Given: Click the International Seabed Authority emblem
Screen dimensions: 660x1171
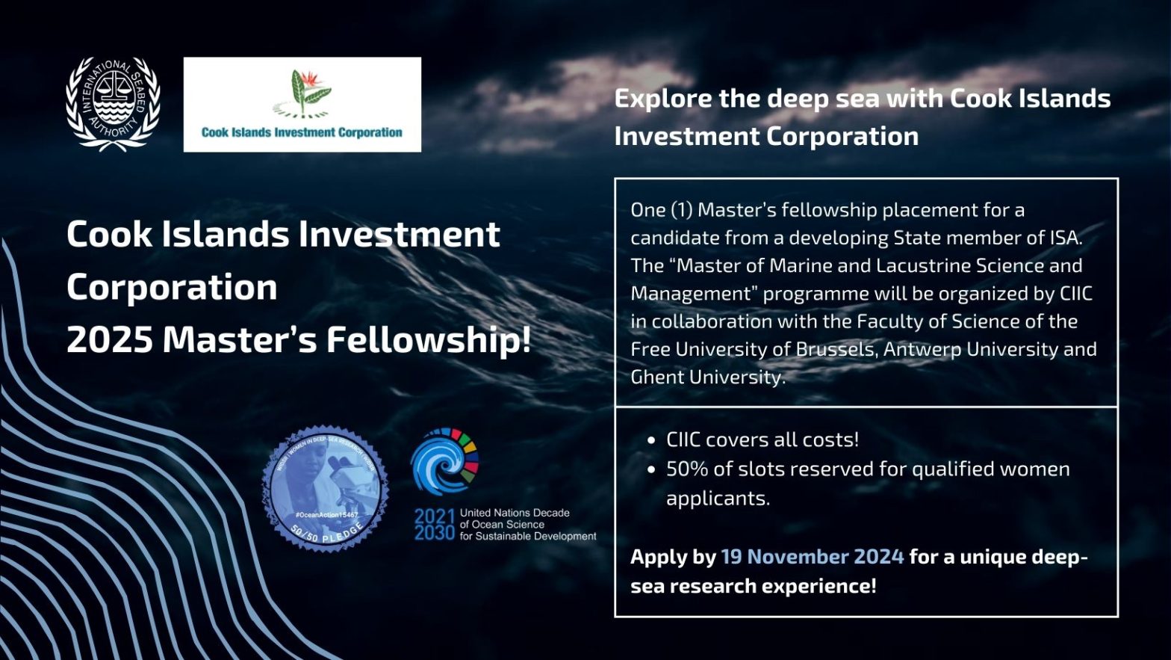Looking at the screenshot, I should click(113, 104).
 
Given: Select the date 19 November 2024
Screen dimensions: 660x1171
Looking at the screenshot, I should click(812, 557).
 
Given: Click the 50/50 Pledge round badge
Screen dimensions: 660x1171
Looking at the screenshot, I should click(325, 489).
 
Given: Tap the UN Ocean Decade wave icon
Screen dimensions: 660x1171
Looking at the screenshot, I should click(445, 462).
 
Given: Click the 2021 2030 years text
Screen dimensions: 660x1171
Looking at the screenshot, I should click(434, 524).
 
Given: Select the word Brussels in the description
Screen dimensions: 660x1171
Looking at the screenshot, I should click(833, 349).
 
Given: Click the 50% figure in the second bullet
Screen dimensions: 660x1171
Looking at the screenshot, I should click(686, 469).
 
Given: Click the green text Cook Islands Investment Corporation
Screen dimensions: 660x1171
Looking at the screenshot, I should click(302, 132).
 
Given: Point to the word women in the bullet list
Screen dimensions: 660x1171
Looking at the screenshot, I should click(1034, 469).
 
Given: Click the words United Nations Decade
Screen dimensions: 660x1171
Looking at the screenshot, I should click(515, 513).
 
